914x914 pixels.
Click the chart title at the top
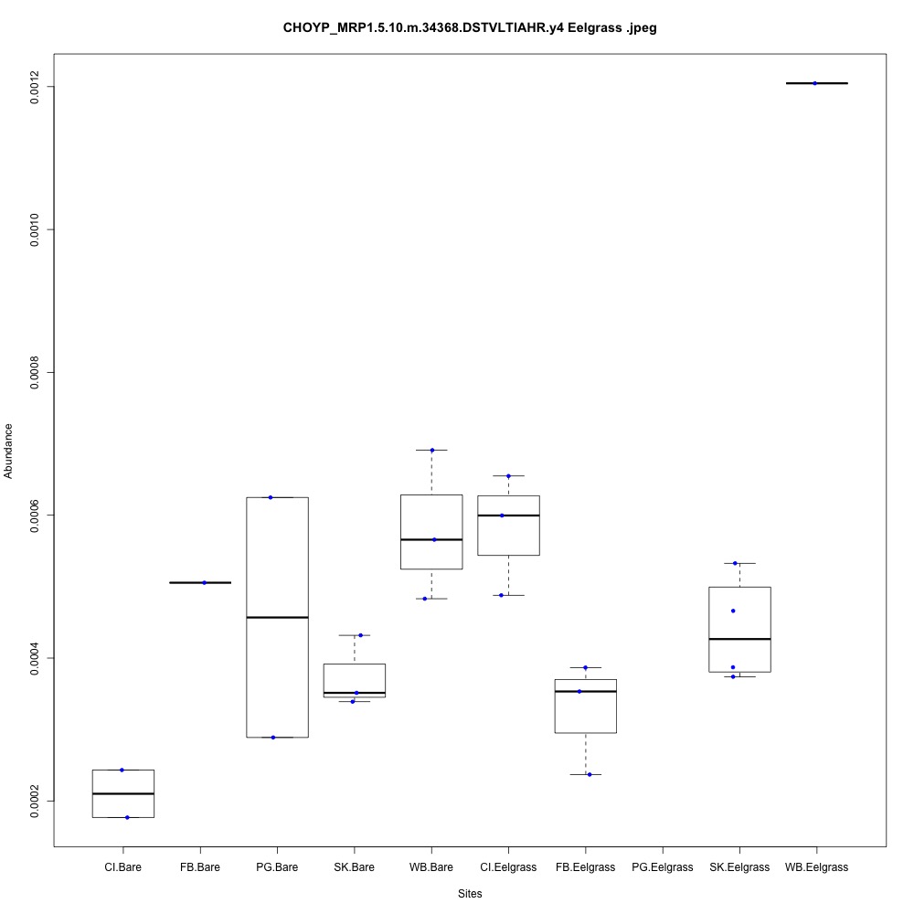[470, 28]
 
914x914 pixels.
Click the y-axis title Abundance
[9, 451]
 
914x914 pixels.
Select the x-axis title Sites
[470, 893]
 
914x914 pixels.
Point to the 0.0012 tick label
[35, 86]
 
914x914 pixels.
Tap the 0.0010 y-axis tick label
[35, 228]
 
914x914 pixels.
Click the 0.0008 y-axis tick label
[35, 372]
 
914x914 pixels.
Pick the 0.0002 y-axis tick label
[35, 801]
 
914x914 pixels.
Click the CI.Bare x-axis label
[122, 866]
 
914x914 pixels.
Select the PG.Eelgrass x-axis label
[662, 866]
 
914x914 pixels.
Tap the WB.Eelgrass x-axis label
[816, 866]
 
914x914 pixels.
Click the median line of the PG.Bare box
[277, 618]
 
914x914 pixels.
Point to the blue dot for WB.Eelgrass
[814, 83]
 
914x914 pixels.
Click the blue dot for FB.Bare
[205, 582]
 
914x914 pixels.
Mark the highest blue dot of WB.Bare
[432, 450]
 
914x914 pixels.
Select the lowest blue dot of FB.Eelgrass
[590, 774]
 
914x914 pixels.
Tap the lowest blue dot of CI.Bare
[127, 817]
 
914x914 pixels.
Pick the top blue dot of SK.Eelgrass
[735, 563]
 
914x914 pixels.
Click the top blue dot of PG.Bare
[271, 497]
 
